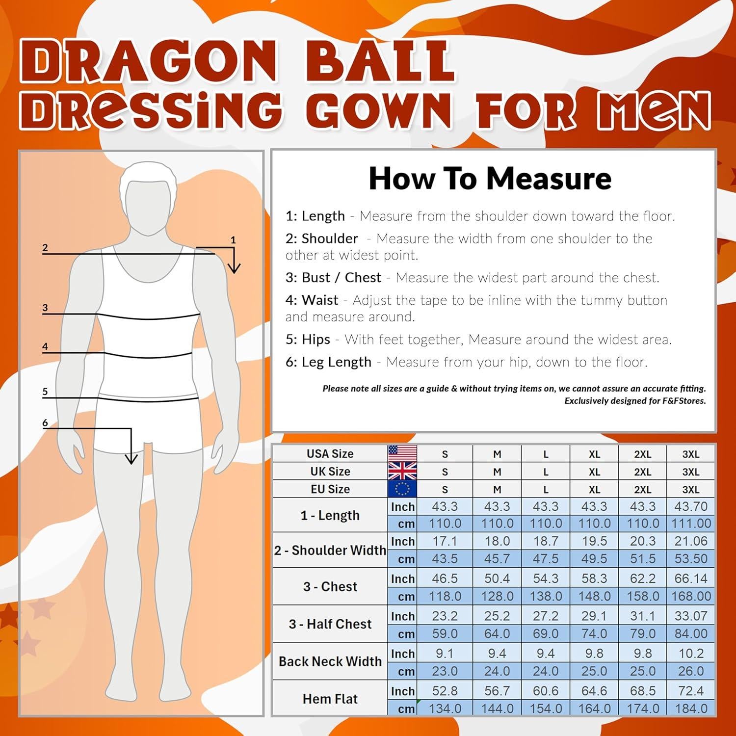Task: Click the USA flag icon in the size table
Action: tap(402, 453)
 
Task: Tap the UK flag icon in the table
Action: tap(402, 471)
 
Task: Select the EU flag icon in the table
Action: tap(402, 489)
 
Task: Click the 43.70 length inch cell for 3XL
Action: tap(691, 506)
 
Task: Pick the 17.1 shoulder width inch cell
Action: tap(445, 541)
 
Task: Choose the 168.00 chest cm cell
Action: tap(691, 596)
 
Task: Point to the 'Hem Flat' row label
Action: tap(330, 699)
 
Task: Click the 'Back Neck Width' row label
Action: tap(330, 661)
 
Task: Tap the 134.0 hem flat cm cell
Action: tap(445, 709)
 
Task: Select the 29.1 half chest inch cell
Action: tap(594, 616)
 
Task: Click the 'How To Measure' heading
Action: tap(490, 179)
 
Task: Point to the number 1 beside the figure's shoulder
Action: tap(233, 240)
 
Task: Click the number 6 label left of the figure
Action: tap(45, 422)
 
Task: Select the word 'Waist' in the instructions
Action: tap(320, 300)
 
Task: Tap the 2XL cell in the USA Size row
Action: tap(642, 454)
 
